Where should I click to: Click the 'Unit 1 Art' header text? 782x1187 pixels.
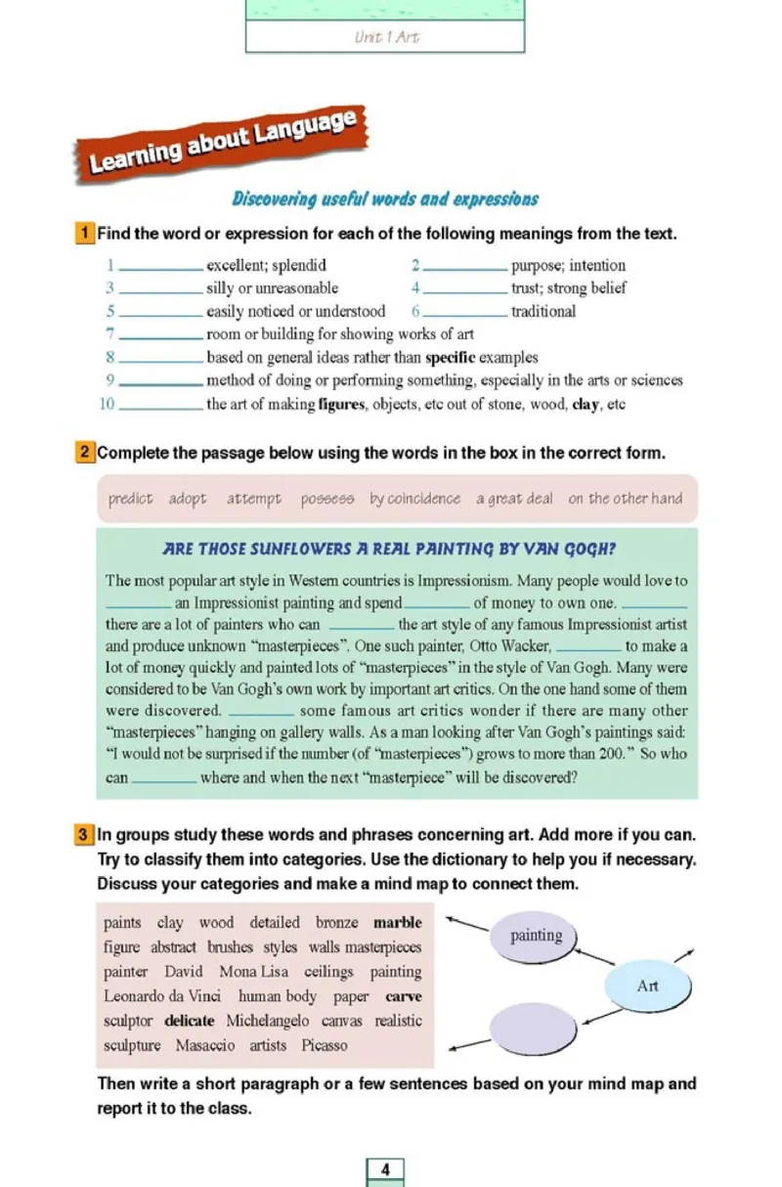(x=386, y=37)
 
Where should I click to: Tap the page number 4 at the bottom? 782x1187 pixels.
(x=385, y=1169)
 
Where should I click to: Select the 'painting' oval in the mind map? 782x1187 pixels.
(x=536, y=936)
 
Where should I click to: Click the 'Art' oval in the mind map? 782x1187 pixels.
(x=647, y=987)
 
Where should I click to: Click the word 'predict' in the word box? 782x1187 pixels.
(x=130, y=499)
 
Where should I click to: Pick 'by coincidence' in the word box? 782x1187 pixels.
(x=414, y=499)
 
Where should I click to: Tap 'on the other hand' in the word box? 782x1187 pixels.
(x=625, y=499)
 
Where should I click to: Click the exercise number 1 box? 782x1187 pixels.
(x=85, y=234)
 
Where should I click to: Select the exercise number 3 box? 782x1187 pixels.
(x=85, y=835)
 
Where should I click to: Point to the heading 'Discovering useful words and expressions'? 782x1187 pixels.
(x=384, y=199)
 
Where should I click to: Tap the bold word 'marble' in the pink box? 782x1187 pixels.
(x=397, y=922)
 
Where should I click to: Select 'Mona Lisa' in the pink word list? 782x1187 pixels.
(x=253, y=972)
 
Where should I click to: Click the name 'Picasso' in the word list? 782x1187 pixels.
(x=324, y=1045)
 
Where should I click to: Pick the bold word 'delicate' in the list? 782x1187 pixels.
(x=189, y=1021)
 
